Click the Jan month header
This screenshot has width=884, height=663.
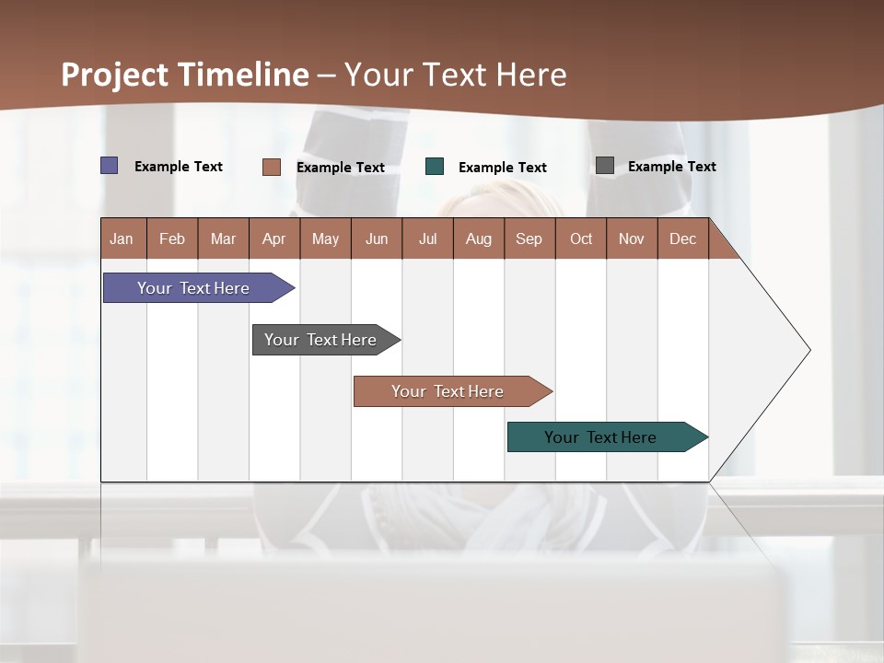click(122, 238)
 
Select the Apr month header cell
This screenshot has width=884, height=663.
click(273, 238)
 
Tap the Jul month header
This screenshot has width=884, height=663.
click(427, 238)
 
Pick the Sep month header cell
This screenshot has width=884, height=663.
click(529, 238)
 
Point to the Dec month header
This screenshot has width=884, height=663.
click(682, 238)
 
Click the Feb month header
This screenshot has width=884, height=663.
click(172, 238)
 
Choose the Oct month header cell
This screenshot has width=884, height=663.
click(580, 238)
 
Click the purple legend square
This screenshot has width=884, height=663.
click(110, 166)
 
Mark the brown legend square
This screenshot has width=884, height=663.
click(271, 167)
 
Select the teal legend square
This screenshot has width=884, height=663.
click(435, 167)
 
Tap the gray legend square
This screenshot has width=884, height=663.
click(605, 166)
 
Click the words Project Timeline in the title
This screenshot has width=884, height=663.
click(184, 75)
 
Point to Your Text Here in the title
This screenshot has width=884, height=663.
click(455, 75)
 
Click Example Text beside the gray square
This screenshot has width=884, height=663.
click(671, 166)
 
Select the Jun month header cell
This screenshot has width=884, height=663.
click(376, 238)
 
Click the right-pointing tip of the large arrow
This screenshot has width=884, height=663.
click(808, 350)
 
